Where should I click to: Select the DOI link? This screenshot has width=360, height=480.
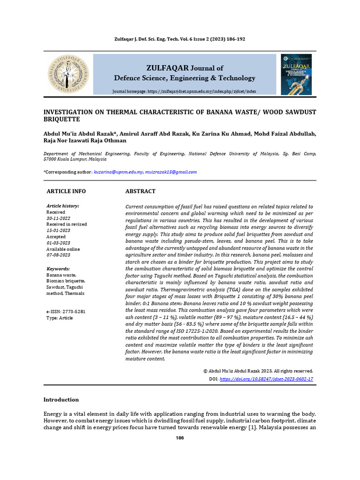coord(266,379)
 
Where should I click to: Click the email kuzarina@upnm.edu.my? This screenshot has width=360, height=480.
coord(118,172)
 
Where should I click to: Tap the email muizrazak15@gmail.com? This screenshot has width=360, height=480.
coord(171,172)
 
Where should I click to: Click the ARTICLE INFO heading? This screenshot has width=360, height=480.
coord(66,191)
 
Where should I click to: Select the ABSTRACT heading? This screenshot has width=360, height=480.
coord(140,191)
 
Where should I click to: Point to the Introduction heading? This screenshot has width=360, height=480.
coord(61,399)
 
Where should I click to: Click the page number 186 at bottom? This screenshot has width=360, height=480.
coord(180,438)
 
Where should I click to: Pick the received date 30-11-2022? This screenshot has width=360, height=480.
coord(58,218)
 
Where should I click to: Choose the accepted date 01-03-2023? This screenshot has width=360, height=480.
coord(58,243)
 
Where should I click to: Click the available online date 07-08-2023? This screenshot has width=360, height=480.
coord(58,255)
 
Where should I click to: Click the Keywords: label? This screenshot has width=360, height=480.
coord(58,269)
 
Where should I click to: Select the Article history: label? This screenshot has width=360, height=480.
coord(62,206)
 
